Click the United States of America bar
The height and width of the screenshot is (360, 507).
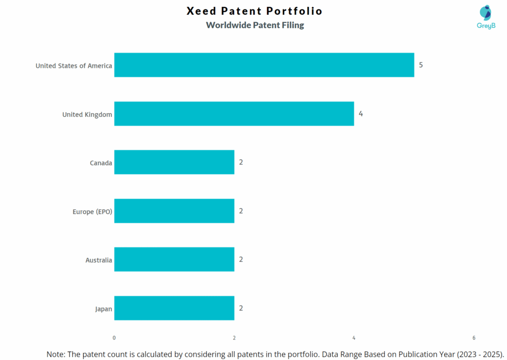[264, 65]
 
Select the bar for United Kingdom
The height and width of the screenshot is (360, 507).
[234, 113]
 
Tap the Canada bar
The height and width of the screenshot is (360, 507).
[174, 162]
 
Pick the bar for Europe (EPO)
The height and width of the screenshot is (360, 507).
[174, 211]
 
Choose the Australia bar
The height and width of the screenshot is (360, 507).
[174, 259]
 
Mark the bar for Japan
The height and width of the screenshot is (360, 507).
[174, 308]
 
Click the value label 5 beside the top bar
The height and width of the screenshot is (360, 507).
[421, 65]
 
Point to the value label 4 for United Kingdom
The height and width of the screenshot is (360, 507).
[361, 113]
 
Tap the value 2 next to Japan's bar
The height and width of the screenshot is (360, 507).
[241, 308]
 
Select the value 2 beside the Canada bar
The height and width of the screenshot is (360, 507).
[241, 162]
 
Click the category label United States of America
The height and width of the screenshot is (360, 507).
[74, 65]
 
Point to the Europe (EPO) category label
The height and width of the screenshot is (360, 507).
[93, 211]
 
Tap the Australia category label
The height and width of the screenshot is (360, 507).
[99, 260]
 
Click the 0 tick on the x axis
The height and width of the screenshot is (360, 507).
[114, 338]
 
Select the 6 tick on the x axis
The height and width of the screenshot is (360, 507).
[474, 338]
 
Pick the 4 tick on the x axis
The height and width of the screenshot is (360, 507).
[354, 338]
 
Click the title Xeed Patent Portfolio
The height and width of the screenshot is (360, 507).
[254, 11]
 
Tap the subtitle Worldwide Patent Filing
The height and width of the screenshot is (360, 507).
[255, 25]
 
